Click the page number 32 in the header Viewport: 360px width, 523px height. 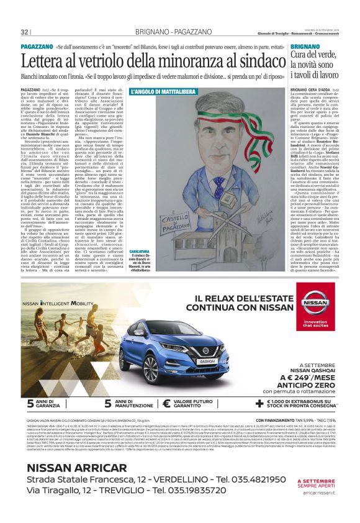coord(25,32)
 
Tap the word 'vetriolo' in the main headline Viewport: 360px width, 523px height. coord(103,61)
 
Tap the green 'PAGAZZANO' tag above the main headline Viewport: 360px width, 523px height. coord(36,47)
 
